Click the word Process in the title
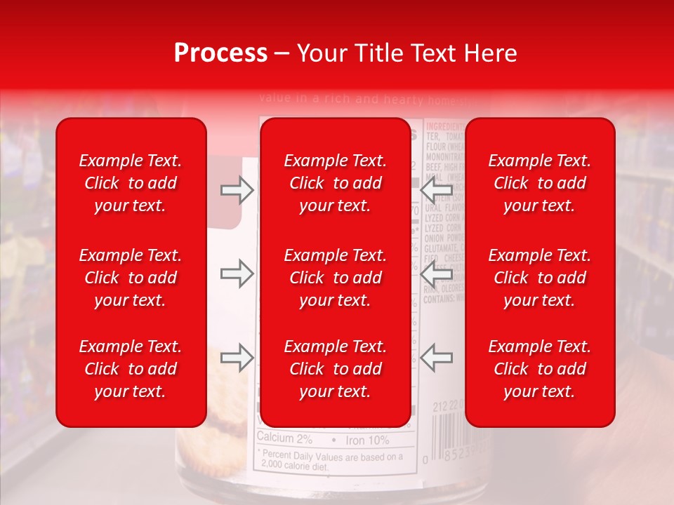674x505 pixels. [x=220, y=53]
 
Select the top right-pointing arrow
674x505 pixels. [x=237, y=190]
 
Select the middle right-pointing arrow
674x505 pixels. [x=237, y=274]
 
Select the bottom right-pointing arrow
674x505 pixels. [x=237, y=358]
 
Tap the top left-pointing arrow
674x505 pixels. [x=436, y=190]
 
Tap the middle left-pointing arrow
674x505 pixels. [x=436, y=274]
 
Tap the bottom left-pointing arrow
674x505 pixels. [x=436, y=358]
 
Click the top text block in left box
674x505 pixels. [x=131, y=183]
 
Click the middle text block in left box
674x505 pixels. [x=131, y=278]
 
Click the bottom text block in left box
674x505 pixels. [x=131, y=369]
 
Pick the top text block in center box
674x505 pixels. [x=335, y=183]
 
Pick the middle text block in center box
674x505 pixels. [x=335, y=278]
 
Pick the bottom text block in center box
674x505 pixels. [x=335, y=369]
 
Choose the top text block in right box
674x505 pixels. [x=539, y=183]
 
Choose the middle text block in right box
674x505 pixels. [x=539, y=278]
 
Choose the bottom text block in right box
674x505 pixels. [x=539, y=369]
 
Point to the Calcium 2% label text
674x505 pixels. [x=284, y=440]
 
